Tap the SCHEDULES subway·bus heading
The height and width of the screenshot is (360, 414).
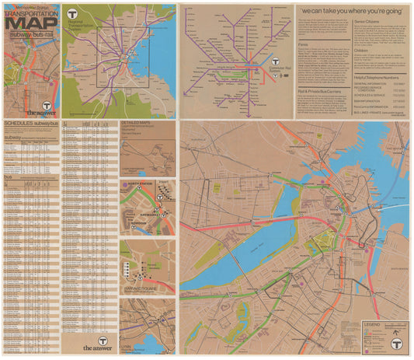pyautogui.click(x=29, y=123)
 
